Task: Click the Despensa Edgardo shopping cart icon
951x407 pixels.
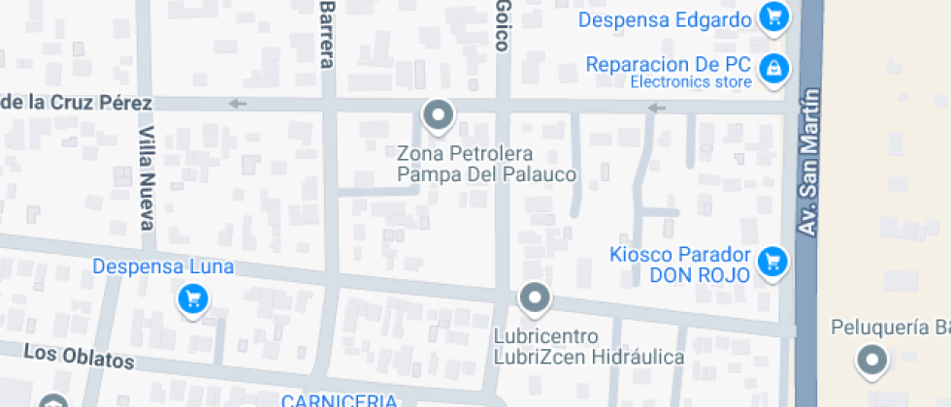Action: coord(773,17)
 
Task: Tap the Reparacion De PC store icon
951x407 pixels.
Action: coord(773,68)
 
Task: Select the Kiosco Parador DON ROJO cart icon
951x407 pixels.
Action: coord(773,261)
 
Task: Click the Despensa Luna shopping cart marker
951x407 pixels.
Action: coord(193,298)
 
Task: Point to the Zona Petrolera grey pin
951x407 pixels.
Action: coord(439,116)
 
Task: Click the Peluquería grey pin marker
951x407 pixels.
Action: coord(871,361)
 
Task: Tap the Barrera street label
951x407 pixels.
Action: coord(327,34)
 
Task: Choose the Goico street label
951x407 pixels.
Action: coord(503,33)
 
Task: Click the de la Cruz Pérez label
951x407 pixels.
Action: coord(77,103)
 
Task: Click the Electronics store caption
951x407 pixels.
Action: coord(691,82)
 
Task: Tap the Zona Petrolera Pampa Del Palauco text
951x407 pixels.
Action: coord(487,164)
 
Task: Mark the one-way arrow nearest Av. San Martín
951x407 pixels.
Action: coord(658,108)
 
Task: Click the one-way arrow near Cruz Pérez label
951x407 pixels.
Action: coord(238,104)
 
